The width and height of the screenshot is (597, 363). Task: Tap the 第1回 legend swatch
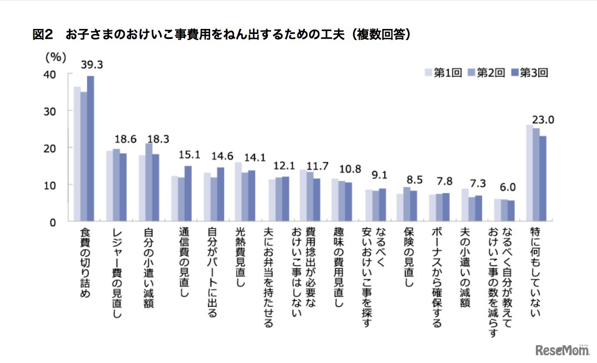click(x=429, y=72)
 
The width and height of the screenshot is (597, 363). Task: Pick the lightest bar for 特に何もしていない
click(x=529, y=173)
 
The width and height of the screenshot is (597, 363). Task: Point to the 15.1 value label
click(x=189, y=156)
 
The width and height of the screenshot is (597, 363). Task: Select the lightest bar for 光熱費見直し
click(x=238, y=192)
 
